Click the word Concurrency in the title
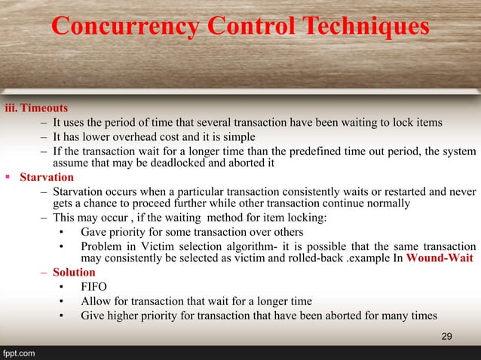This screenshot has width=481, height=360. (124, 27)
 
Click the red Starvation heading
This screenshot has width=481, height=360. (47, 178)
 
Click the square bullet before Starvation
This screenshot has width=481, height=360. (8, 178)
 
